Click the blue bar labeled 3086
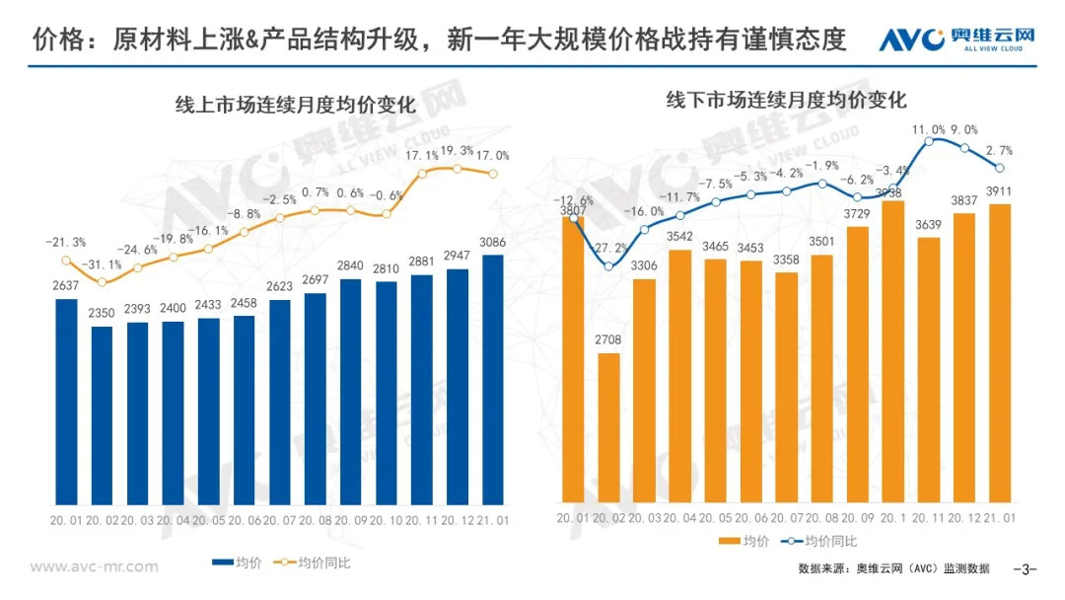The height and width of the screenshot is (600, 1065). [491, 379]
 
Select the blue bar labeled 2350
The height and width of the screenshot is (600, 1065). [102, 414]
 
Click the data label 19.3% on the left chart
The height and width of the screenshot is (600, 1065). [458, 151]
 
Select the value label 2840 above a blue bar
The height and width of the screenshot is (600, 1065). [351, 266]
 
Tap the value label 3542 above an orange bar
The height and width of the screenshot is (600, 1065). [679, 237]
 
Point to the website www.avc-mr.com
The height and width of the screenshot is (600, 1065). [94, 566]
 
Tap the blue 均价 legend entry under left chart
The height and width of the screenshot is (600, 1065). [235, 563]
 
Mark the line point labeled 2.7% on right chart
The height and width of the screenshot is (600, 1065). [1000, 168]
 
